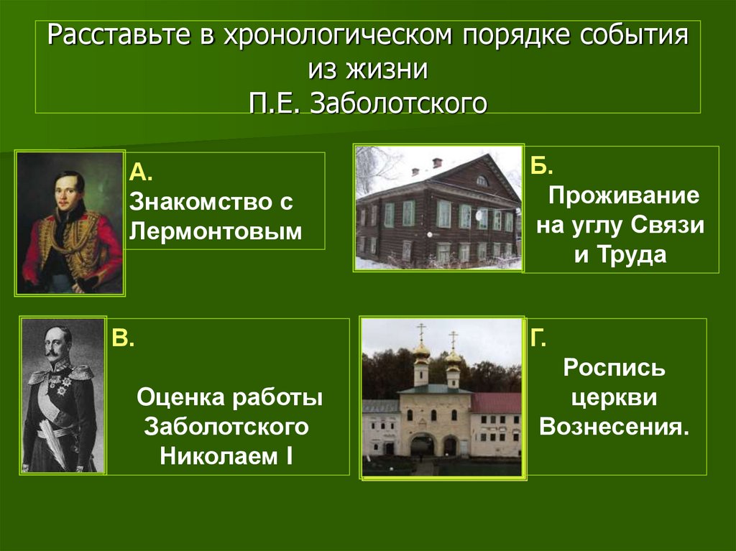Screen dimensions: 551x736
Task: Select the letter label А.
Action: click(x=141, y=172)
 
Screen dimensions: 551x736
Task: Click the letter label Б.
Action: click(x=542, y=167)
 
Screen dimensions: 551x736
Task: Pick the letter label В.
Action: click(x=121, y=339)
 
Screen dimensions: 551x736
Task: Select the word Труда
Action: click(x=620, y=256)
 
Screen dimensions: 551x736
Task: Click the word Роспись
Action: click(x=614, y=369)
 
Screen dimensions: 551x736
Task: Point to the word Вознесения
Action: click(x=614, y=427)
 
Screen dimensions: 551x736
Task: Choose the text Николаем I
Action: click(x=227, y=455)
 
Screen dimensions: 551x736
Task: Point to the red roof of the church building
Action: click(x=495, y=402)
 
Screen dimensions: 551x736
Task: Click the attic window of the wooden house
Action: click(x=482, y=181)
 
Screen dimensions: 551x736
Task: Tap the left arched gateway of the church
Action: click(x=421, y=445)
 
